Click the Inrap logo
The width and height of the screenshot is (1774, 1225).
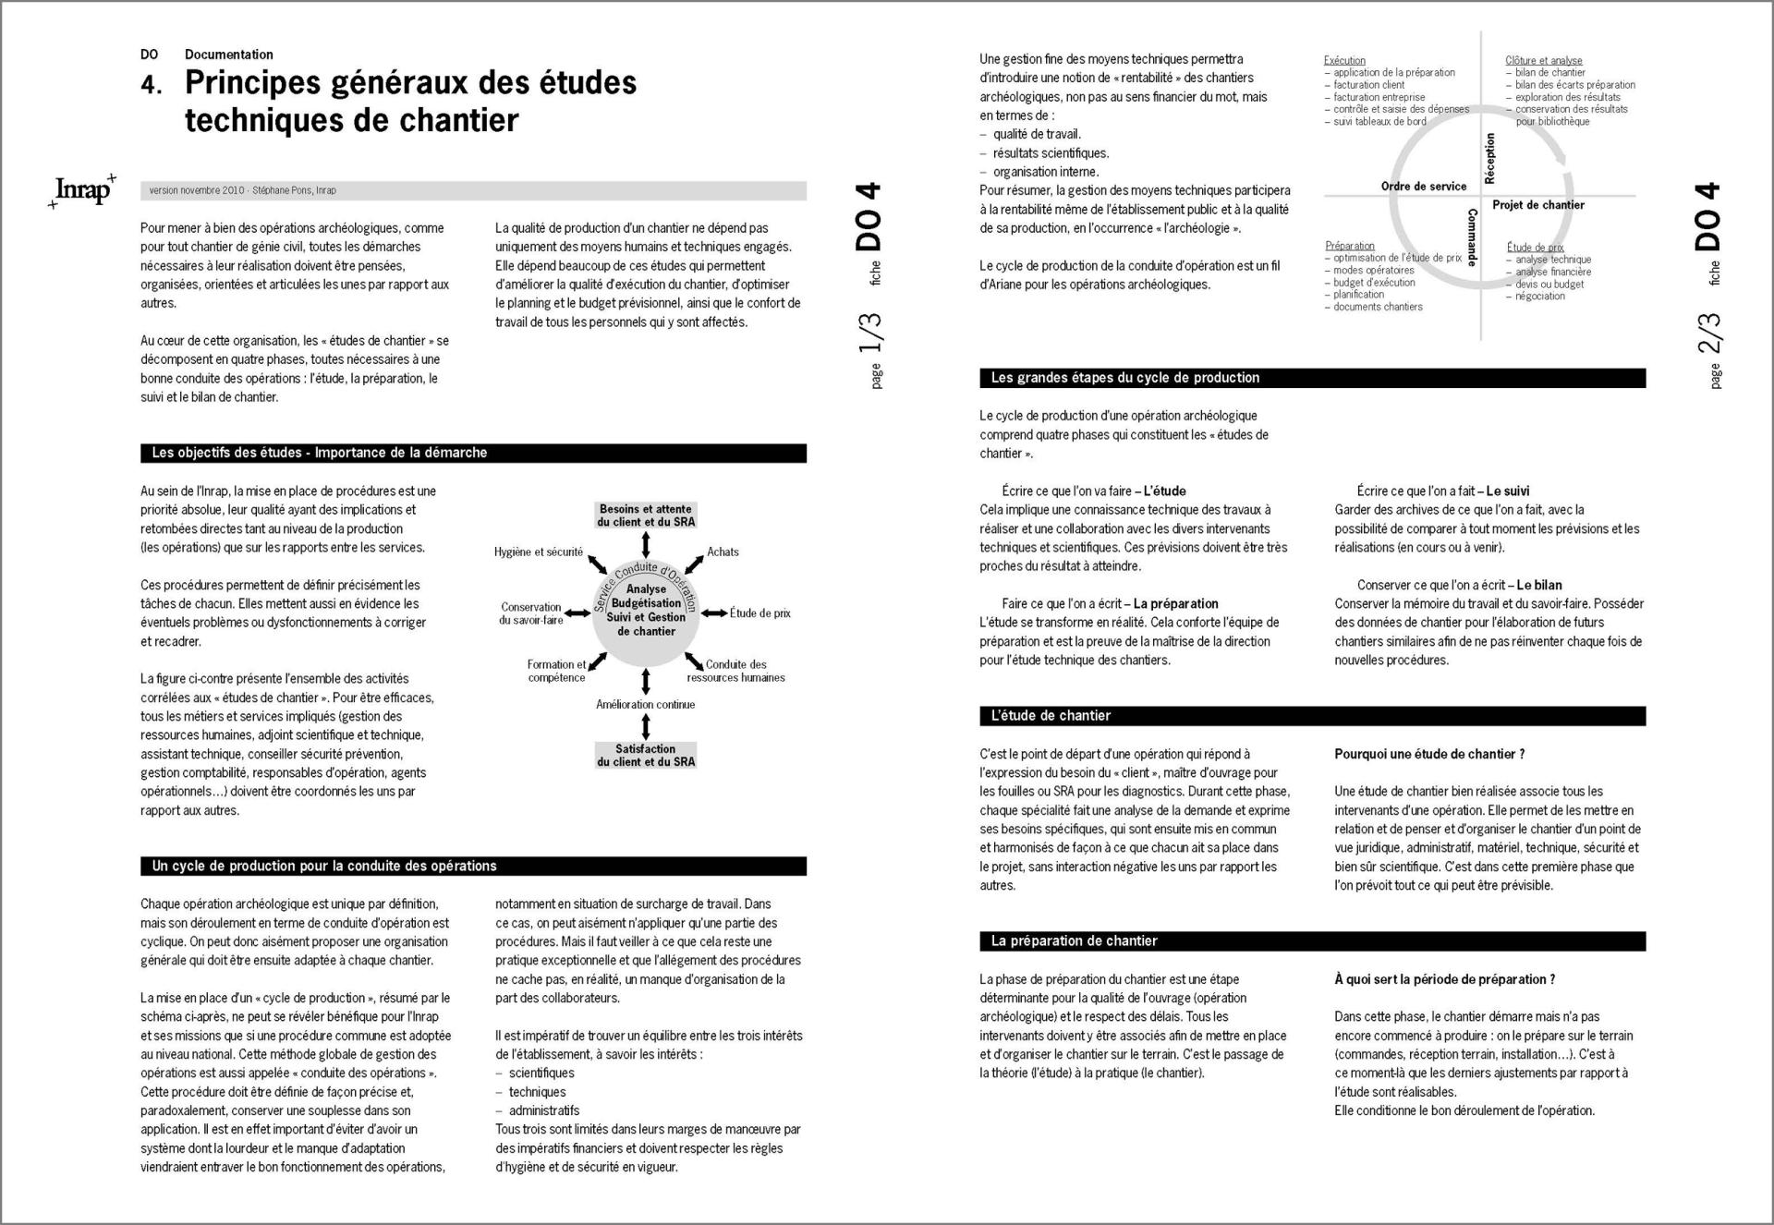pos(83,189)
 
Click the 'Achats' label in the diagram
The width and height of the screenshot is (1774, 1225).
pos(723,552)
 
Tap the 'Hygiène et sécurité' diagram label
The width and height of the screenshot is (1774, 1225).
pos(538,552)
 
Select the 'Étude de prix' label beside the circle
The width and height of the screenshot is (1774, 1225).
pos(759,613)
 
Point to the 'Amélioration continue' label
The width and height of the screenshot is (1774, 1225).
pos(645,705)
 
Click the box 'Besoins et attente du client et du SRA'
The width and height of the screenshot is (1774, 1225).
pos(645,515)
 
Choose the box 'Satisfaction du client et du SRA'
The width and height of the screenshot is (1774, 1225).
pos(645,756)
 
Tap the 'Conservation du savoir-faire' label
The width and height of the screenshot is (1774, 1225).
pos(531,613)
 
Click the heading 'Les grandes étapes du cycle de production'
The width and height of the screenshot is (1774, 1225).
pos(1125,378)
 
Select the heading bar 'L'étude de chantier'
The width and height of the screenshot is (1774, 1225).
pos(1051,716)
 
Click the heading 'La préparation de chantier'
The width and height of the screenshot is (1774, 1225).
pos(1074,941)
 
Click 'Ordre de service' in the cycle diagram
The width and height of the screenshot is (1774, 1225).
pos(1423,187)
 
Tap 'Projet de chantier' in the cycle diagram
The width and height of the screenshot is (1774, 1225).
pos(1537,205)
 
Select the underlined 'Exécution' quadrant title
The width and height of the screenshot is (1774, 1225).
pos(1343,61)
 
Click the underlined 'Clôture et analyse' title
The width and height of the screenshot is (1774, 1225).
pos(1543,61)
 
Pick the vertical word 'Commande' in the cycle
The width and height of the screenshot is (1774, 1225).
pos(1472,237)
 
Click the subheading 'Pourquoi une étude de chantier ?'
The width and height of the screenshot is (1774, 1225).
pos(1428,755)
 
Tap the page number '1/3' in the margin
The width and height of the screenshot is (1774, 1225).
pos(869,334)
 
